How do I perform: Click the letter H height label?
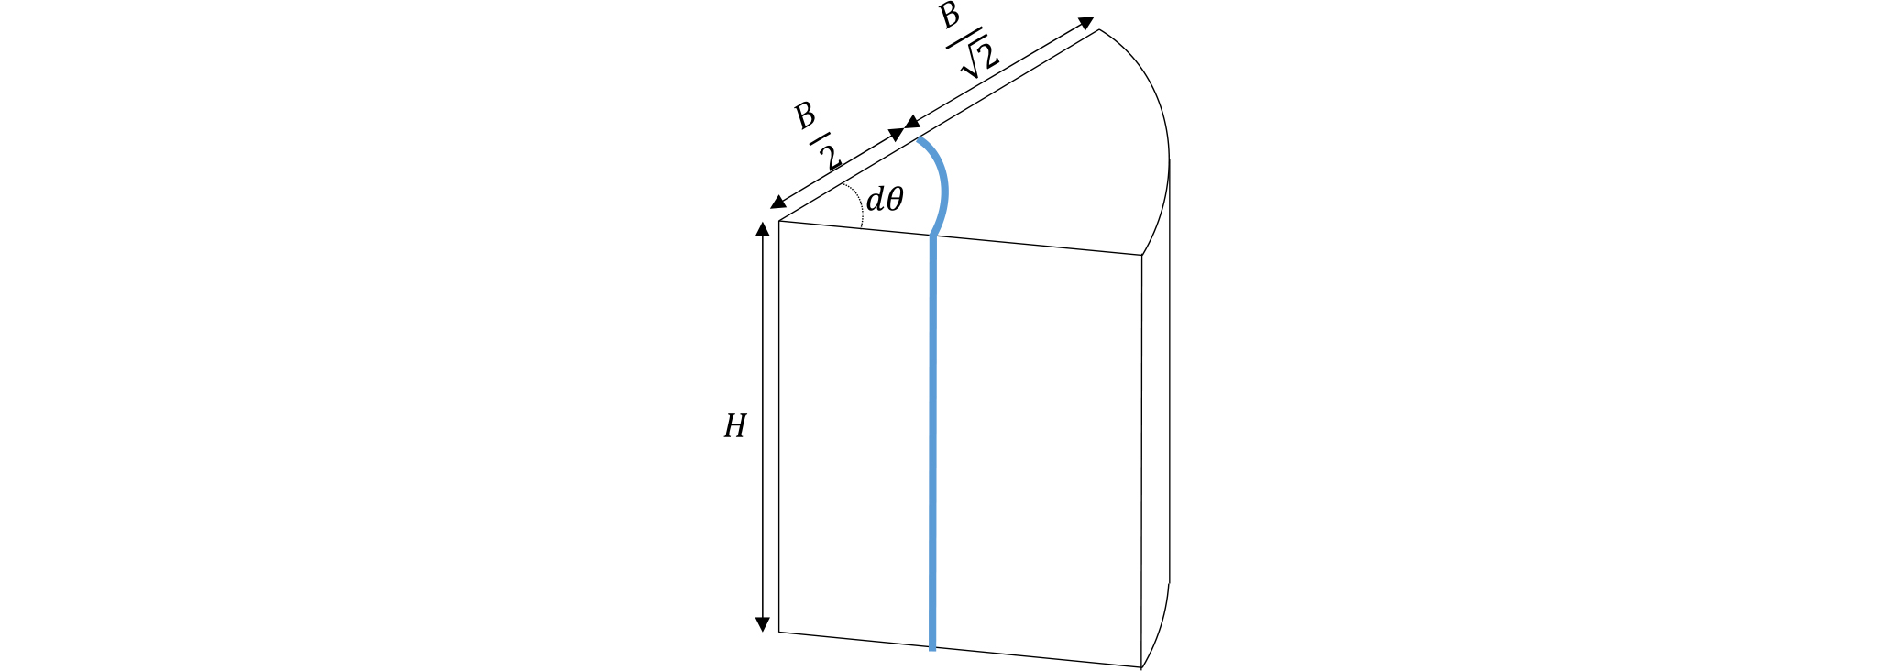point(734,426)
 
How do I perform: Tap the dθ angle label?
point(885,199)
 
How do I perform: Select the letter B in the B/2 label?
point(805,115)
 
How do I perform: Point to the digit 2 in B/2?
point(832,159)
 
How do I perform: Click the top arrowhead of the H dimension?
point(762,229)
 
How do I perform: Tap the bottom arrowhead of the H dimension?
point(762,624)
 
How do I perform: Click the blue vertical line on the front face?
point(932,443)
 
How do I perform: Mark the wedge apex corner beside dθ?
point(779,221)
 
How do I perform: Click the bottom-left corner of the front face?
point(779,632)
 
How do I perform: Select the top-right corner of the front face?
point(1141,255)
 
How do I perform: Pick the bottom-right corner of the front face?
point(1140,666)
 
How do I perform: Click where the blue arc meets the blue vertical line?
point(932,236)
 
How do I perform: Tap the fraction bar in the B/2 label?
point(819,138)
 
